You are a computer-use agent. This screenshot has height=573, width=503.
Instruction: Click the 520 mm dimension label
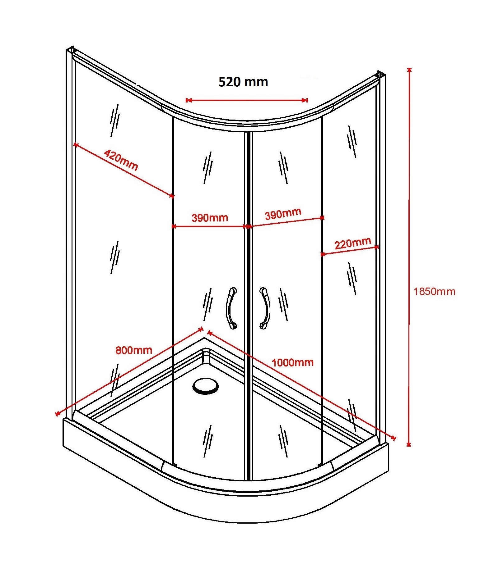coord(243,82)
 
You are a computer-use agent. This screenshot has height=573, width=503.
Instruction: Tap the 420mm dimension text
coord(121,160)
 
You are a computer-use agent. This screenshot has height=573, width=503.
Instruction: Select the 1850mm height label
coord(434,292)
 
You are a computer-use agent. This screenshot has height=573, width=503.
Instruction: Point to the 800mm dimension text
coord(134,350)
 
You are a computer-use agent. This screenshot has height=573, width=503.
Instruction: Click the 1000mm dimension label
coord(292,362)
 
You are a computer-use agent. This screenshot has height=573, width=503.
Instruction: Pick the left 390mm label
coord(210,218)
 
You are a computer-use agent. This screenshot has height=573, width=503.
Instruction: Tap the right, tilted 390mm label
coord(283,214)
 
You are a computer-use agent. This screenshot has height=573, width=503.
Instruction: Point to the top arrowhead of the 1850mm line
coord(409,70)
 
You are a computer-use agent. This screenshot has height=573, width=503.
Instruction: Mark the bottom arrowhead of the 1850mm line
coord(409,444)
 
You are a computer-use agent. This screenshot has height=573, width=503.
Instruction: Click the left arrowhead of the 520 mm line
coord(188,100)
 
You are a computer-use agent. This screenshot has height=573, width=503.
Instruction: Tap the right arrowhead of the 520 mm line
coord(306,100)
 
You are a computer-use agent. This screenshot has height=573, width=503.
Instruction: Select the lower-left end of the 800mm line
coord(57,414)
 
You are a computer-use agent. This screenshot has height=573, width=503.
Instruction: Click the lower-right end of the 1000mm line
coord(394,438)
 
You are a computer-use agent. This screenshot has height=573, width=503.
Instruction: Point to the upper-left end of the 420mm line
coord(75,144)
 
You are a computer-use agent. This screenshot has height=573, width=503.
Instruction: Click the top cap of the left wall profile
coord(71,50)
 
